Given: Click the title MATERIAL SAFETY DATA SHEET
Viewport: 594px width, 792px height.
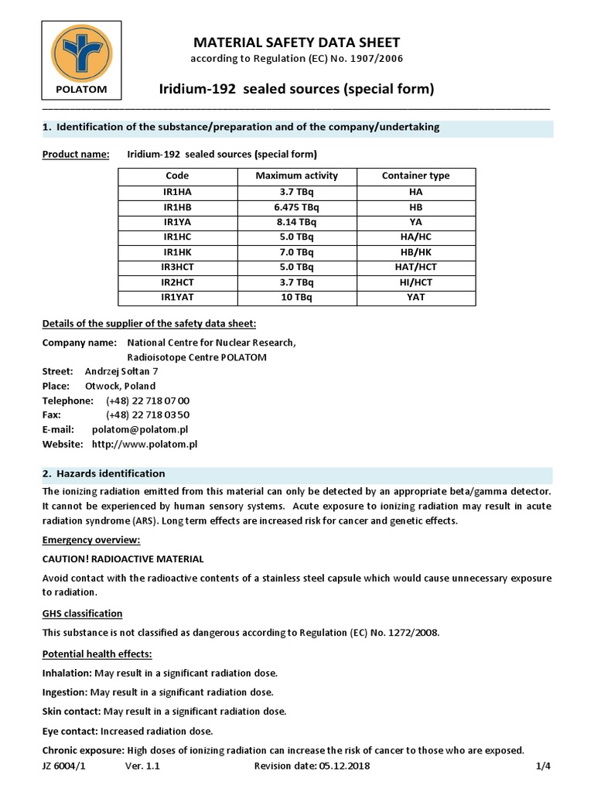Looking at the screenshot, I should click(297, 43).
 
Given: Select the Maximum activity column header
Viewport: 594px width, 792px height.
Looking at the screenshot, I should click(296, 176).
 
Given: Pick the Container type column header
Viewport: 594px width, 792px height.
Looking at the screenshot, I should click(415, 176).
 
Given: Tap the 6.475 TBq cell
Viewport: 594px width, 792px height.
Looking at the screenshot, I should click(296, 207).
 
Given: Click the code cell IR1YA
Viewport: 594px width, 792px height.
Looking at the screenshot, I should click(177, 221).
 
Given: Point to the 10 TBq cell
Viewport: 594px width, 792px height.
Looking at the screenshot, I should click(296, 297).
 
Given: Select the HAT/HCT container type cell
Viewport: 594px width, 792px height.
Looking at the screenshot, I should click(415, 267).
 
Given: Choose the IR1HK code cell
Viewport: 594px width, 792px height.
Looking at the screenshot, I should click(177, 252).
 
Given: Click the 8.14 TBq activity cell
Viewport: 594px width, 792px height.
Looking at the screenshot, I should click(296, 221).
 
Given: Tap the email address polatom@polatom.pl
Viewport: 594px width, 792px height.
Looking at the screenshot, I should click(140, 429).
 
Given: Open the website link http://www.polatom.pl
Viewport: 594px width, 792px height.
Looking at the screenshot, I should click(145, 444).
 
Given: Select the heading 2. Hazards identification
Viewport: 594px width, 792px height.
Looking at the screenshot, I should click(103, 473).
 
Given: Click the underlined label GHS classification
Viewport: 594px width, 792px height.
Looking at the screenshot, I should click(82, 613).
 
